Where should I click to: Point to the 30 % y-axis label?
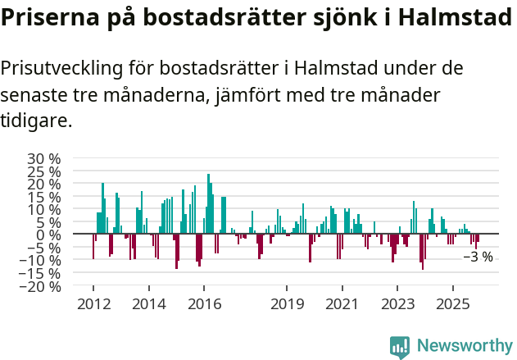[44, 158]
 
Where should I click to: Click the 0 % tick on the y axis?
[51, 235]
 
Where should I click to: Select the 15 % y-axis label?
[44, 197]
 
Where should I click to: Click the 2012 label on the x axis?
[93, 304]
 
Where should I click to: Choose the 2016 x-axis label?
[204, 304]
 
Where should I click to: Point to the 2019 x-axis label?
[287, 304]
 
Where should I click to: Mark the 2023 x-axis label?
[397, 304]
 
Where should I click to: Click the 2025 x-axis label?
[452, 304]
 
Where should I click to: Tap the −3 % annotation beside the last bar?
[478, 257]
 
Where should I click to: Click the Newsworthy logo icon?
[399, 347]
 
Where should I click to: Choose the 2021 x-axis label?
[342, 304]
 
